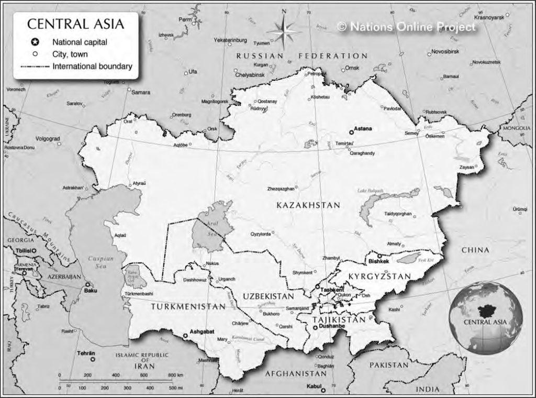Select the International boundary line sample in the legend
click(x=35, y=67)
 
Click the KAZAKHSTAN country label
click(x=308, y=205)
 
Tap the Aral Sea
click(x=206, y=230)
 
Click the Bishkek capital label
click(x=378, y=261)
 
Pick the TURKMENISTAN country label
click(x=188, y=307)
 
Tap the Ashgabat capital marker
click(x=185, y=335)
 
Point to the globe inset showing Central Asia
click(x=485, y=317)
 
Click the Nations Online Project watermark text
click(x=407, y=27)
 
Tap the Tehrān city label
click(x=86, y=353)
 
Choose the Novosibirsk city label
click(x=445, y=52)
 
